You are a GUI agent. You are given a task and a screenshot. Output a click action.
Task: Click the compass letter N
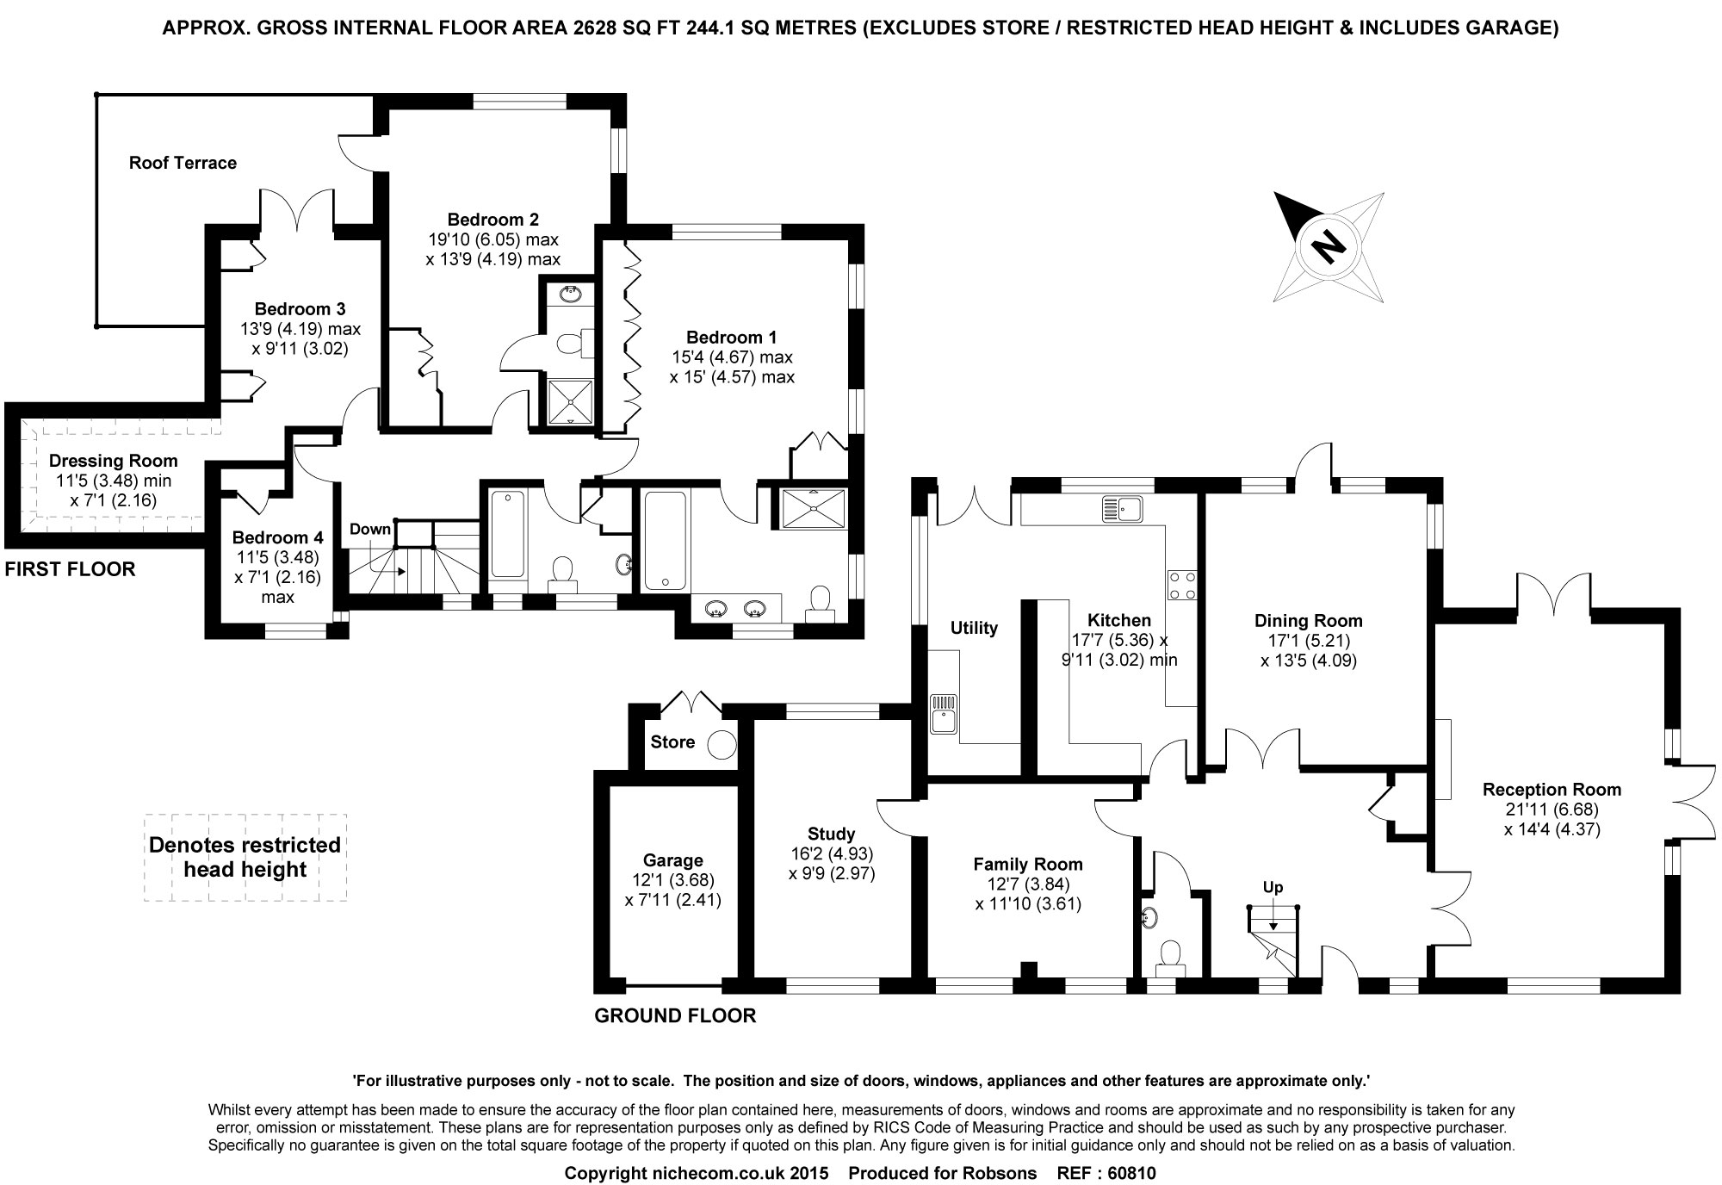pyautogui.click(x=1329, y=247)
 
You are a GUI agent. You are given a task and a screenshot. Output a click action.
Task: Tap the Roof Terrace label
pyautogui.click(x=183, y=163)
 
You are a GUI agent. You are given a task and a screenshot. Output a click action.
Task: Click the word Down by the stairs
pyautogui.click(x=369, y=529)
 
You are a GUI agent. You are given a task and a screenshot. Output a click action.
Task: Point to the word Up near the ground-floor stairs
pyautogui.click(x=1273, y=887)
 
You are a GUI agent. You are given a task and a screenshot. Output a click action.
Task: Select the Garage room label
pyautogui.click(x=673, y=860)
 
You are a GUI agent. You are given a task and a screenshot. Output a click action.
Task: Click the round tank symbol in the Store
pyautogui.click(x=722, y=743)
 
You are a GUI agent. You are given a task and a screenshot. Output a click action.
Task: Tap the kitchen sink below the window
pyautogui.click(x=1121, y=509)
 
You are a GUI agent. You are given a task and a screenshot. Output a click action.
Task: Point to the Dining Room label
pyautogui.click(x=1308, y=620)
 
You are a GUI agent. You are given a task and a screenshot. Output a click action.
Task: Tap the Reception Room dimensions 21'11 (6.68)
pyautogui.click(x=1552, y=810)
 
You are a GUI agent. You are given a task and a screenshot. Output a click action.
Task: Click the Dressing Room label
pyautogui.click(x=113, y=461)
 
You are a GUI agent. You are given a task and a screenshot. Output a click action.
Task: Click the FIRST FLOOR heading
pyautogui.click(x=70, y=569)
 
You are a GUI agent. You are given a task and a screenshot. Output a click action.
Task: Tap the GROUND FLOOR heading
pyautogui.click(x=675, y=1015)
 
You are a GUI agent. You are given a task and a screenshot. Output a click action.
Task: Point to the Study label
pyautogui.click(x=831, y=834)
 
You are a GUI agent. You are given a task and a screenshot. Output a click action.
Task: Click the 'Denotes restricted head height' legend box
pyautogui.click(x=245, y=857)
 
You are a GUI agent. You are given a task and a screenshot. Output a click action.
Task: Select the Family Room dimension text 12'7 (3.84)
pyautogui.click(x=1028, y=884)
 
